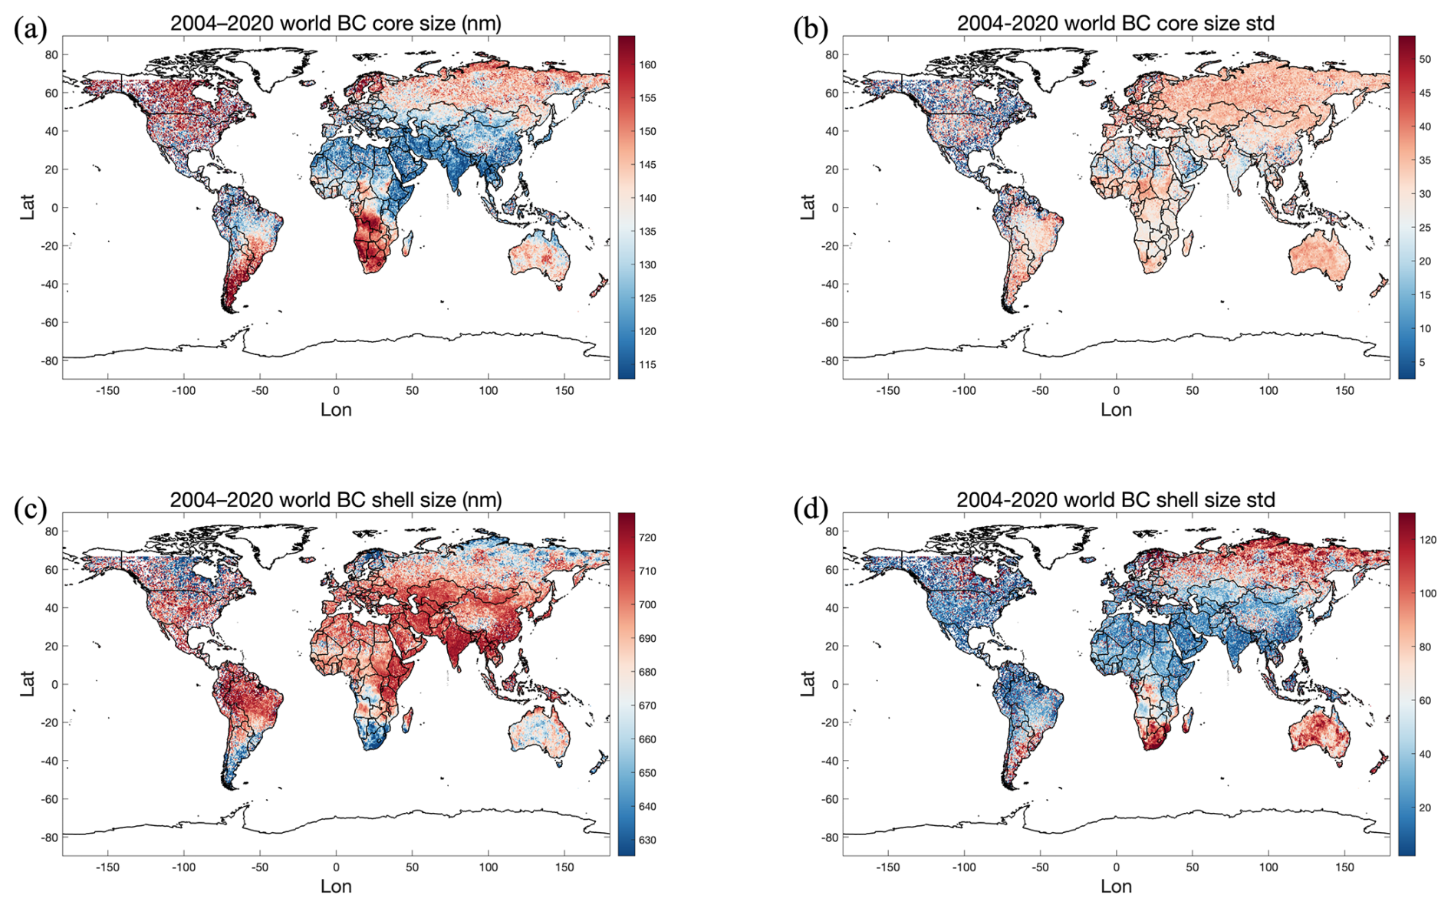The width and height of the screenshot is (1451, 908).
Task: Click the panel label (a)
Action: click(x=30, y=29)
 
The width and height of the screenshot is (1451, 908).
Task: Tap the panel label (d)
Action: click(x=810, y=508)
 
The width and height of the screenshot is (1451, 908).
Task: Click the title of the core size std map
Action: click(x=1115, y=23)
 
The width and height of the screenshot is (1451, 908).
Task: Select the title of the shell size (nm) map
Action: click(x=335, y=500)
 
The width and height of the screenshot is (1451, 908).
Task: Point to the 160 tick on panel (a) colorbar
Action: click(x=647, y=65)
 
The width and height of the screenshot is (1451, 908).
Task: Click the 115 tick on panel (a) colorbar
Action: click(x=647, y=365)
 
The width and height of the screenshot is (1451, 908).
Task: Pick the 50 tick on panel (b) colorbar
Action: click(x=1424, y=59)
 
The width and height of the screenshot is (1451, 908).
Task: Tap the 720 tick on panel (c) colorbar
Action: click(x=647, y=538)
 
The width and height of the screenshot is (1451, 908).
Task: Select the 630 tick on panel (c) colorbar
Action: click(x=647, y=841)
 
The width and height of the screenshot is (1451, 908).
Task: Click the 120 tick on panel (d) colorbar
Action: click(x=1427, y=540)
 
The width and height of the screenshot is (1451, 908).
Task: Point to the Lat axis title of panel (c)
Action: click(x=28, y=684)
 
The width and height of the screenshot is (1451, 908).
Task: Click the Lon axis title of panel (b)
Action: click(x=1115, y=410)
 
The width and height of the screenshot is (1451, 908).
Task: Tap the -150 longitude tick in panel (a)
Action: click(x=107, y=390)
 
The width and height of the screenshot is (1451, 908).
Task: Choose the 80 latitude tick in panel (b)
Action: click(x=831, y=54)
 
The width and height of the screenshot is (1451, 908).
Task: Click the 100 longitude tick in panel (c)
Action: click(x=488, y=867)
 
